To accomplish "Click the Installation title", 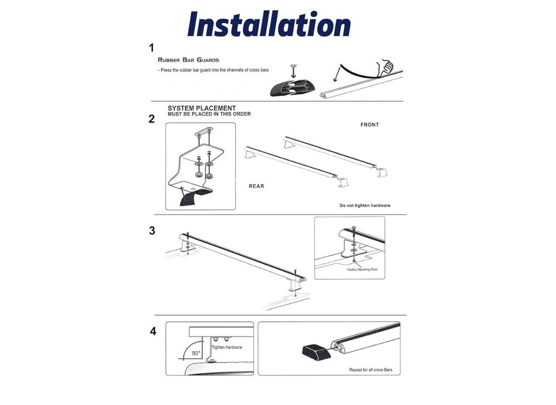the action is tap(269, 24).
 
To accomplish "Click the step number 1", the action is tap(152, 47).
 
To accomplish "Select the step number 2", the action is tap(152, 119).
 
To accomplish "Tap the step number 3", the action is tap(152, 230).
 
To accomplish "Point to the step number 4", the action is tap(153, 331).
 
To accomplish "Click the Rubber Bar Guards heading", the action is tap(188, 60).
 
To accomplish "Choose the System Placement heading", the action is tap(202, 108).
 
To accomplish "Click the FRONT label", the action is tap(370, 125).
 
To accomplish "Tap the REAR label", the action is tap(256, 186).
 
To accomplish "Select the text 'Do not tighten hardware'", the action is tap(365, 205).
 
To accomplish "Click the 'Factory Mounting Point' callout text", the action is tap(362, 269).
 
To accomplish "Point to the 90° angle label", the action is tap(196, 353).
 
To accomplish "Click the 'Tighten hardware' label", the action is tap(227, 347).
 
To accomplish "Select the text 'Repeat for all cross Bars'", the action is tap(370, 370).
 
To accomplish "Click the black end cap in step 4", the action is tap(315, 350).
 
